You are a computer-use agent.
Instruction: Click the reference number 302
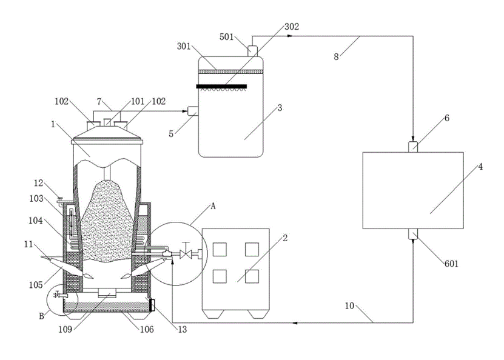click(x=292, y=27)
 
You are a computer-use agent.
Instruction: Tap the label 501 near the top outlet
click(x=226, y=37)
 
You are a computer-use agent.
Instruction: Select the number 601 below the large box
click(x=451, y=264)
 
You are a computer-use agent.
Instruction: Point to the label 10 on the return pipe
click(x=349, y=305)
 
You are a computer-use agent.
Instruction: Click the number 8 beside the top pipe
click(x=336, y=57)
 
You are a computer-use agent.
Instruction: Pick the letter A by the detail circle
click(x=213, y=206)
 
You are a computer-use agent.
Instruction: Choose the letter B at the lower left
click(x=41, y=316)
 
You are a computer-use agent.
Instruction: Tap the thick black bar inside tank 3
click(x=221, y=87)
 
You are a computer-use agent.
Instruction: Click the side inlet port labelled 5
click(x=193, y=111)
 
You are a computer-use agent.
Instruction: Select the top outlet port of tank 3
click(x=253, y=52)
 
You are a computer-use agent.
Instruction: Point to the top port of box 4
click(x=413, y=147)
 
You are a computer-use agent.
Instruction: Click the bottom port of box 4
click(x=413, y=234)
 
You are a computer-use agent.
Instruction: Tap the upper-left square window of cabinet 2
click(x=220, y=250)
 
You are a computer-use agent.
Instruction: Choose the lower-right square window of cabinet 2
click(x=252, y=276)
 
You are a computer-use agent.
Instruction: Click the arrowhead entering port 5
click(x=185, y=112)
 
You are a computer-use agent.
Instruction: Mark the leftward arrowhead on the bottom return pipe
click(x=295, y=322)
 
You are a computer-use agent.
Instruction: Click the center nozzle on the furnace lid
click(x=107, y=122)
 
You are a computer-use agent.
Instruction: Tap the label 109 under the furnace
click(x=66, y=330)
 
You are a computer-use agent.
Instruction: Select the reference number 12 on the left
click(x=39, y=183)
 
